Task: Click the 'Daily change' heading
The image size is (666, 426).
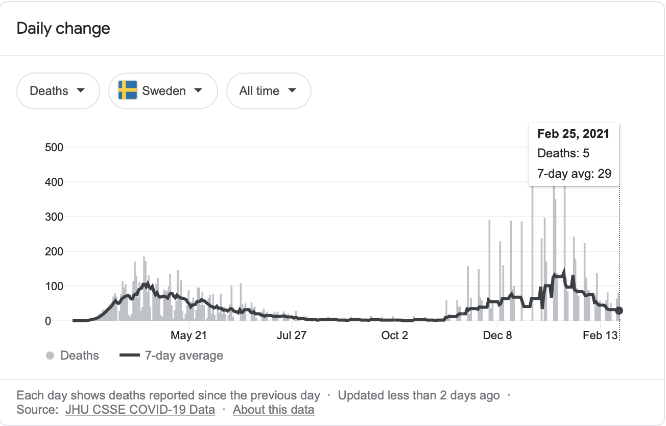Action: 63,28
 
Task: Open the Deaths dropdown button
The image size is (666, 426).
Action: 58,91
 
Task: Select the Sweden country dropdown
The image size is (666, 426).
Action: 163,91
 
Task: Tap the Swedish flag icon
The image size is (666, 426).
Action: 128,90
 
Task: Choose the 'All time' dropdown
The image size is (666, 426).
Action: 268,91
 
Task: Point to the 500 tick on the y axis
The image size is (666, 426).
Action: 54,148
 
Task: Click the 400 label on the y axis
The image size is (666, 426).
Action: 54,182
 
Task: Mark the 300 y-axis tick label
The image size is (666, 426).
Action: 54,217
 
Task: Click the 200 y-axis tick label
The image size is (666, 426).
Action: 54,252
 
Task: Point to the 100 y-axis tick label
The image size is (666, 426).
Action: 54,287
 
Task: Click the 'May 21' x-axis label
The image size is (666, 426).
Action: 188,336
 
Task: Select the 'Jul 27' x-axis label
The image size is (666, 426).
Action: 291,336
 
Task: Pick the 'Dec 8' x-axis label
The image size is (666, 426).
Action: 497,336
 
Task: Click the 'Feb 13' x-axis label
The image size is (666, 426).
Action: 600,336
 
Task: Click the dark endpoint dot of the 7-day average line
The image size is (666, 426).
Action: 619,311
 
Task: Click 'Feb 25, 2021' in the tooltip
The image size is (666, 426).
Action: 573,134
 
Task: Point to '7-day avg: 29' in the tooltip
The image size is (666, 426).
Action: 574,173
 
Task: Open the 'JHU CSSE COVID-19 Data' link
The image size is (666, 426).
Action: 140,410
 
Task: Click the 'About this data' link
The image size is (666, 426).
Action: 273,410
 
